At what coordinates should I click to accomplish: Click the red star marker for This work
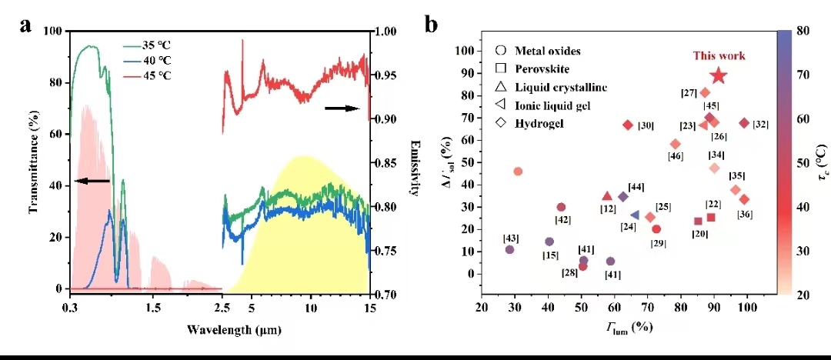(x=719, y=75)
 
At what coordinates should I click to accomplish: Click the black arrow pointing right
(x=342, y=108)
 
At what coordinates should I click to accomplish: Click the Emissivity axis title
(x=414, y=168)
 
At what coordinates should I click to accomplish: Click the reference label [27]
(x=689, y=93)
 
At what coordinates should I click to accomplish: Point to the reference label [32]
(x=760, y=125)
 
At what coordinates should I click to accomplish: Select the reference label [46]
(x=676, y=157)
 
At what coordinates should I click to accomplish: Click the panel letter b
(x=431, y=25)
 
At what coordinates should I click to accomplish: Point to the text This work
(x=719, y=55)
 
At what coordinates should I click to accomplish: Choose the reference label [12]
(x=608, y=209)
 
